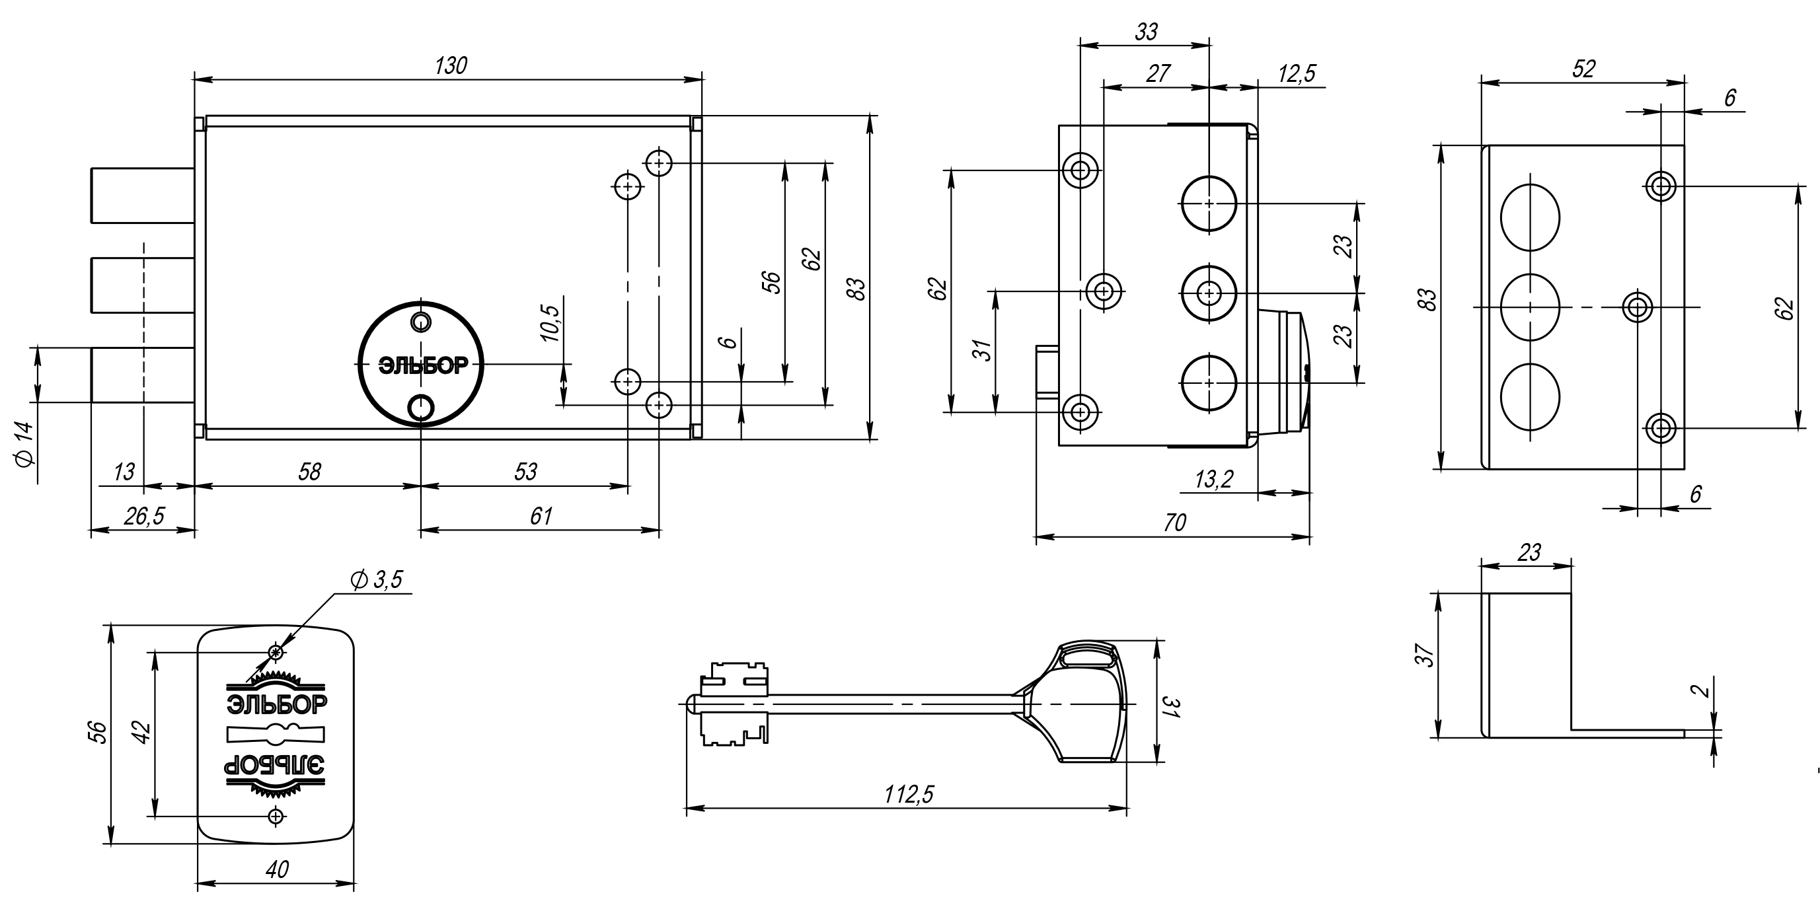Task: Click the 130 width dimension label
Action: (x=451, y=65)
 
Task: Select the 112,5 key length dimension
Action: (x=909, y=795)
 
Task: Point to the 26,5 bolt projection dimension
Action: (x=144, y=517)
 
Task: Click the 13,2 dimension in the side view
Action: (x=1214, y=480)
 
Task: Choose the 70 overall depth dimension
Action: (x=1174, y=523)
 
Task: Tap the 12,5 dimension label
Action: (x=1297, y=73)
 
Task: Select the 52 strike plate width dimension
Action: (x=1584, y=69)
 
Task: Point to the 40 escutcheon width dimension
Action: (x=278, y=869)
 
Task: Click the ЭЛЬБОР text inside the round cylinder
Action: (x=423, y=366)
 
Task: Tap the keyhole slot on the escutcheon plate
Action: (x=276, y=735)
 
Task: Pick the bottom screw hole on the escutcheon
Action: (x=276, y=816)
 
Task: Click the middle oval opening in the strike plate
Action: (x=1530, y=307)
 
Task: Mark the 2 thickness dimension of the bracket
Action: (x=1705, y=688)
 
